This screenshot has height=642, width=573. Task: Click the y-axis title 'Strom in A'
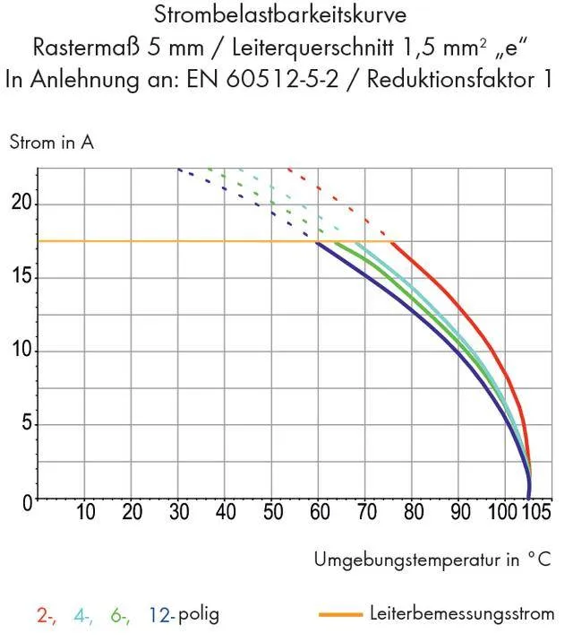click(52, 142)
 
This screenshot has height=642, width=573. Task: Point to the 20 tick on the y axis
click(21, 204)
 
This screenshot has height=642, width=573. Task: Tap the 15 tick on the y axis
click(21, 277)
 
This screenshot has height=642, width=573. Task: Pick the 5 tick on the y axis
click(26, 424)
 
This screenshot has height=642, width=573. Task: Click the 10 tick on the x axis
click(86, 514)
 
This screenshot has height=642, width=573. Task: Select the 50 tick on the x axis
click(272, 514)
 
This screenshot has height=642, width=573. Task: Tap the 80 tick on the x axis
click(413, 514)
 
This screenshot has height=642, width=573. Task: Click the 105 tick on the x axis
click(535, 514)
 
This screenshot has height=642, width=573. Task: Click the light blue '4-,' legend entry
click(84, 616)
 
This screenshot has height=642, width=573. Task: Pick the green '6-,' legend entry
click(121, 616)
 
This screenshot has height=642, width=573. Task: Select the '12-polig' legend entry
click(184, 616)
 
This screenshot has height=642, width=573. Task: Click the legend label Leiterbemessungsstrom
click(461, 614)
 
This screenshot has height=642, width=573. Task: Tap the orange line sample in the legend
click(339, 615)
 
